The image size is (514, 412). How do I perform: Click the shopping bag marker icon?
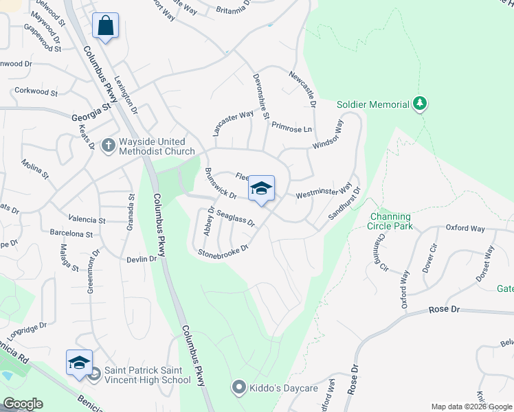(105, 26)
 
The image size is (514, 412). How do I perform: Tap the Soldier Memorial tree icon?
(419, 104)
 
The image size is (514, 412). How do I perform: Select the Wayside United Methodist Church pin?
(108, 146)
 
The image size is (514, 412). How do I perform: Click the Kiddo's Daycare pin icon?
(238, 388)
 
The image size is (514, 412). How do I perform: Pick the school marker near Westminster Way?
(261, 189)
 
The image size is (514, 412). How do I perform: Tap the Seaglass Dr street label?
(236, 218)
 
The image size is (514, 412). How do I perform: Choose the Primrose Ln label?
(291, 127)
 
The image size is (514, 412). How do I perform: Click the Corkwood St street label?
(37, 91)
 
